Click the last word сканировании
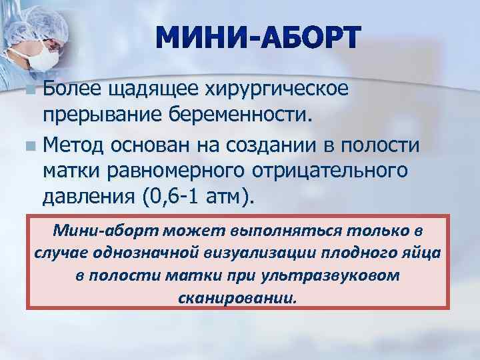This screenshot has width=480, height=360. pyautogui.click(x=237, y=297)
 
